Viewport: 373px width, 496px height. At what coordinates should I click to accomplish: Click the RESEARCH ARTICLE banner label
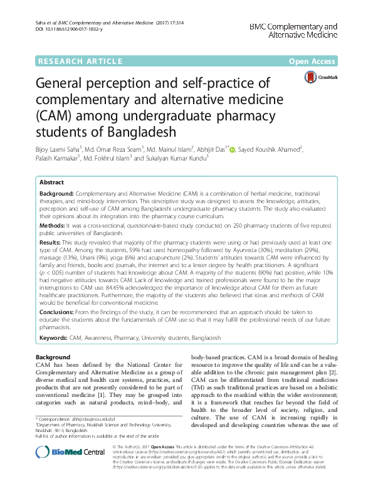(80, 61)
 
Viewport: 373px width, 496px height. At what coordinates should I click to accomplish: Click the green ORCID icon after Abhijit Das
(232, 150)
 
